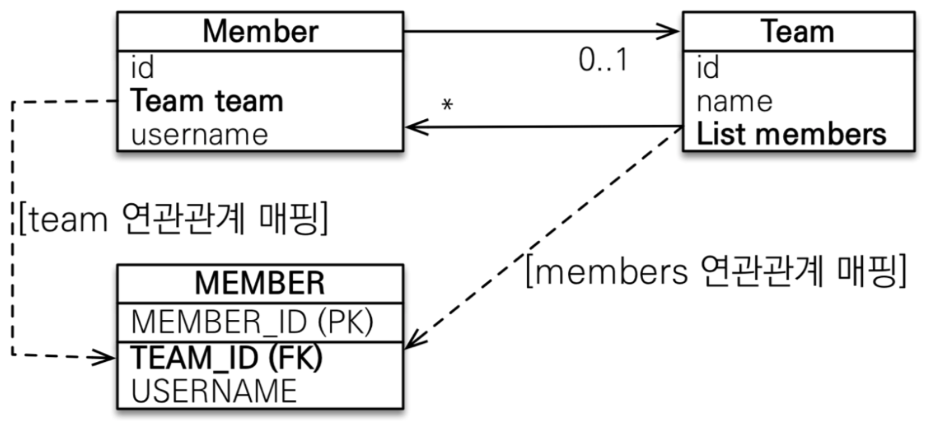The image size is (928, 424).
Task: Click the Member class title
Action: tap(260, 31)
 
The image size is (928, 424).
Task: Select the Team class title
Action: tap(797, 31)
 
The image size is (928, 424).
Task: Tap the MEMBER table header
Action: tap(260, 284)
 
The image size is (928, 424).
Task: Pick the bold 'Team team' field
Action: tap(207, 101)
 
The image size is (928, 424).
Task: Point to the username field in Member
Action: tap(199, 134)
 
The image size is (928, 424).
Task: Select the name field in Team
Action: tap(734, 101)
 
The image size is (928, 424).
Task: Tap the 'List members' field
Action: tap(791, 134)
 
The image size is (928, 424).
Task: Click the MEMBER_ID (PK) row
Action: tap(253, 322)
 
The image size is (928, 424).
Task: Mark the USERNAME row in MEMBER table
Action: tap(214, 391)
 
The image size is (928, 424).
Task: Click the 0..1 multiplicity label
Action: tap(602, 61)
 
